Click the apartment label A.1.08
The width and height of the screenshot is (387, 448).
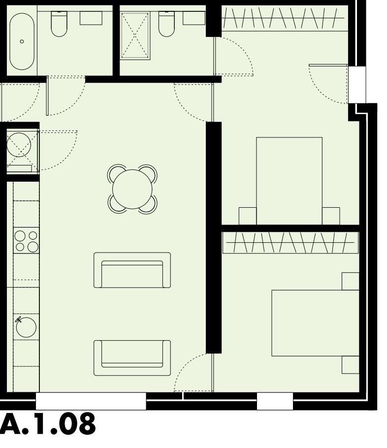coord(48,424)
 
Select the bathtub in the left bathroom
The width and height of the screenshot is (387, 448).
coord(22,41)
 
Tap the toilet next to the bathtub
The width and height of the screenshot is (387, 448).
coord(59,25)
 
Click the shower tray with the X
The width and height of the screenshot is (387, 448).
coord(135,36)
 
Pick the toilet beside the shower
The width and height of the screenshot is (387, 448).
coord(166,25)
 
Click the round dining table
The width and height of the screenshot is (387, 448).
coord(132,189)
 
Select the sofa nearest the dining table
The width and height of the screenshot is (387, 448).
coord(132,270)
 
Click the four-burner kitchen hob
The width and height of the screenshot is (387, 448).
coord(26,241)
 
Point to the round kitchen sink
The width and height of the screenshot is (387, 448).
coord(26,327)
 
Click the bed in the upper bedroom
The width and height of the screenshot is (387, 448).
coord(289,181)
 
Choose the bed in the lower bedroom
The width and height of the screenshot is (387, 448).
coord(315,323)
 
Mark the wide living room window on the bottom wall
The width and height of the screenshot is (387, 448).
coord(91,401)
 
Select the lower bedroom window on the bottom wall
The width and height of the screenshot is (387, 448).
coord(275,401)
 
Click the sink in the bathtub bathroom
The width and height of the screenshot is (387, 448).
coord(91,18)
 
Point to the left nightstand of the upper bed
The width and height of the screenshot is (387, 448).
coord(248,216)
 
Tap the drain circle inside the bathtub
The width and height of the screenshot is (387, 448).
coord(22,41)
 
